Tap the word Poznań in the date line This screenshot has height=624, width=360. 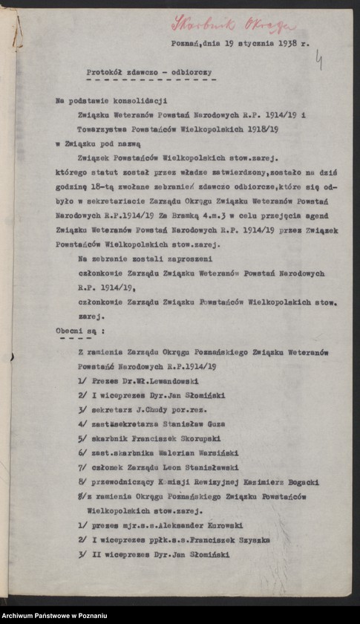(184, 45)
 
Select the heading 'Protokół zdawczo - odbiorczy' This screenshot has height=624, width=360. (148, 72)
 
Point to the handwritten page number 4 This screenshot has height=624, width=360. (319, 59)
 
